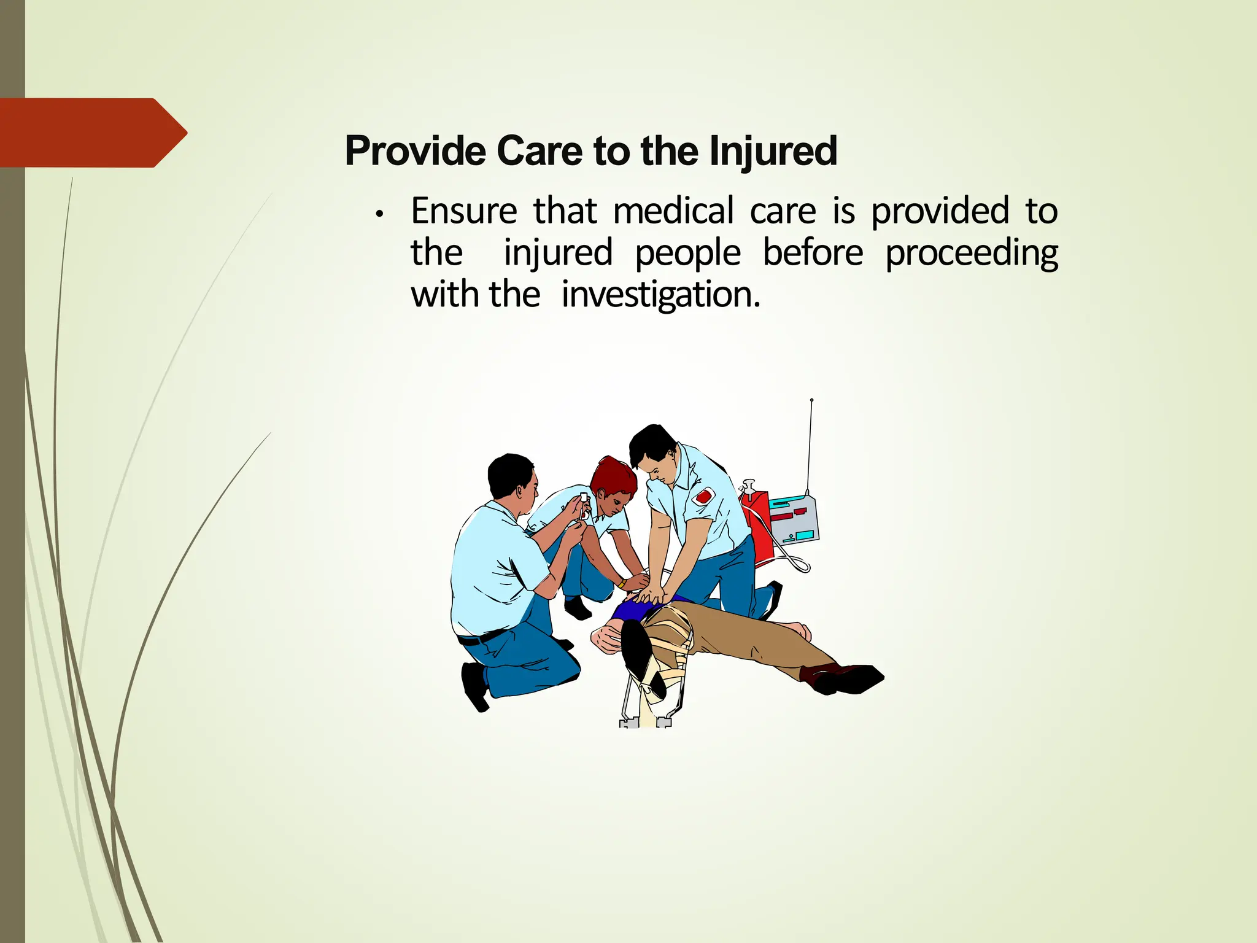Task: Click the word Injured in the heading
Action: pos(773,151)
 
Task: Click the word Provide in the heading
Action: pos(416,151)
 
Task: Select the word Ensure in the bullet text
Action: pos(464,211)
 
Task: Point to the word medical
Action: pos(673,211)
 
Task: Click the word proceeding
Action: pos(972,254)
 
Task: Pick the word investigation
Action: pos(660,295)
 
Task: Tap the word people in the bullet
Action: pos(687,254)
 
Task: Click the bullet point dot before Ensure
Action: pos(381,214)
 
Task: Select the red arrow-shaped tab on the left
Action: pos(92,133)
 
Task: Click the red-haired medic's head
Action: pos(614,482)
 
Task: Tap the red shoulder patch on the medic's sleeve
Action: pos(703,496)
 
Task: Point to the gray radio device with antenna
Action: pos(794,522)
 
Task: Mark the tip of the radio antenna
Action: pos(811,400)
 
